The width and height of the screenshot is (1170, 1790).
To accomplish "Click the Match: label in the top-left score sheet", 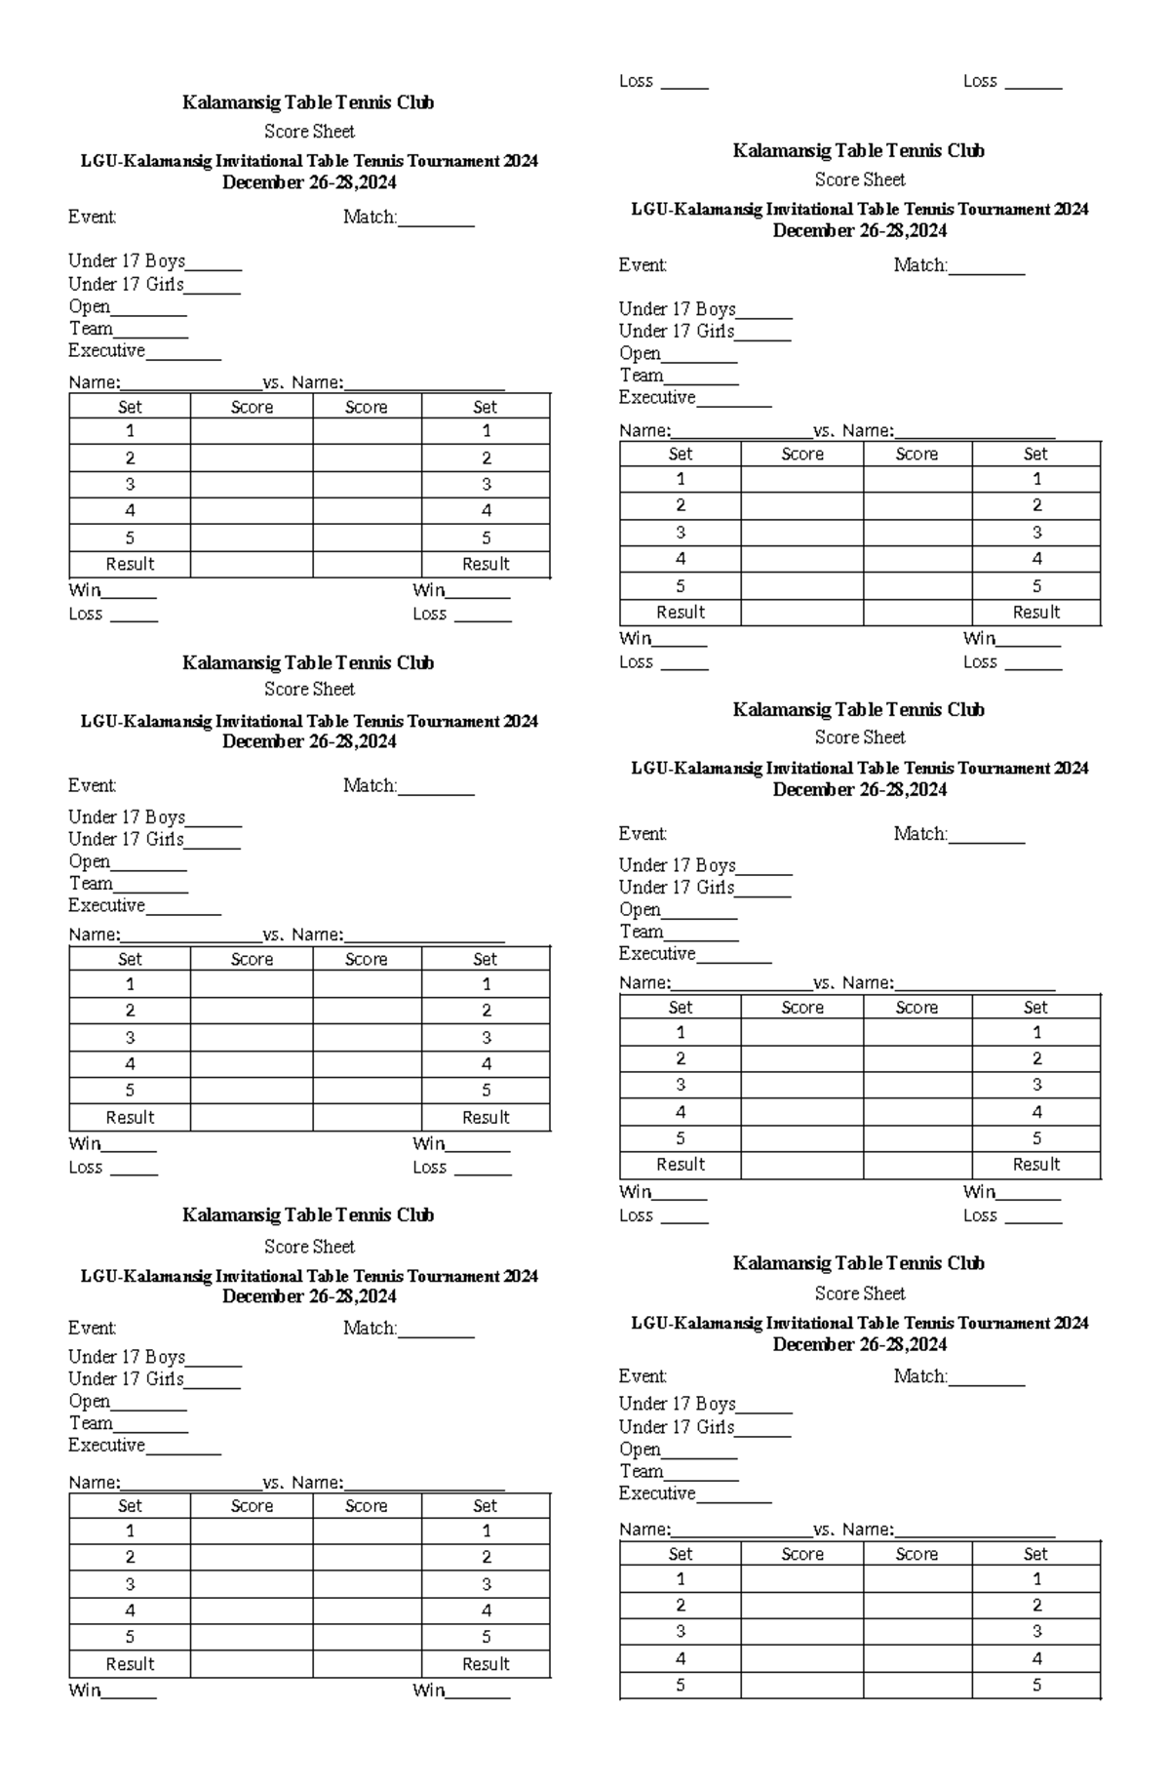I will coord(370,218).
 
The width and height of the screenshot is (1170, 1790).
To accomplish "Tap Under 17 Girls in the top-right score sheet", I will coord(676,332).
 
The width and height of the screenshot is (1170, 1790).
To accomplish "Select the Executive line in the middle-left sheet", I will coord(106,906).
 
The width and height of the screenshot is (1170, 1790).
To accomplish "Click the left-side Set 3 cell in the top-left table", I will coord(130,485).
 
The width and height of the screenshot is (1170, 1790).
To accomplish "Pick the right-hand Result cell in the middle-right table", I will coord(1035,1165).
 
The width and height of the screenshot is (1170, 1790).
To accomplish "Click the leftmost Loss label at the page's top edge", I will coord(636,82).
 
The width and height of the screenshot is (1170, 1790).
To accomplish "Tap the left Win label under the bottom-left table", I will coord(85,1691).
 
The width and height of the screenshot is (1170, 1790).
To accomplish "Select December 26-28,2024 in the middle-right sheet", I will coord(859,790).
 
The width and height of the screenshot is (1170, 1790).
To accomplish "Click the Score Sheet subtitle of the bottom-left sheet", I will coord(309,1247).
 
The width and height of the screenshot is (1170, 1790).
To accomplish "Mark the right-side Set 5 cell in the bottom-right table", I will coord(1035,1686).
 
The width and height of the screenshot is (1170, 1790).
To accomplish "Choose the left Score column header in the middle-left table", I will coord(252,960).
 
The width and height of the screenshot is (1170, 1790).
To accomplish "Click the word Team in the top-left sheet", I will coord(91,329).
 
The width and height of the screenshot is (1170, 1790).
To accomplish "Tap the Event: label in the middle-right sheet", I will coord(643,834).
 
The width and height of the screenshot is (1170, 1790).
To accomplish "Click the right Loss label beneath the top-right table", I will coord(980,662).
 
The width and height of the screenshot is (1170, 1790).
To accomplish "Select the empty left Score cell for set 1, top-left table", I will coord(252,431).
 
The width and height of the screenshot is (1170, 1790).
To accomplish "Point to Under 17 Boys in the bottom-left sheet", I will coord(126,1357).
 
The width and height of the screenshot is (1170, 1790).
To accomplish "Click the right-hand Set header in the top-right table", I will coord(1035,455).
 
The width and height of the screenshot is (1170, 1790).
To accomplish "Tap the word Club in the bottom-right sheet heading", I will coord(965,1263).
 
